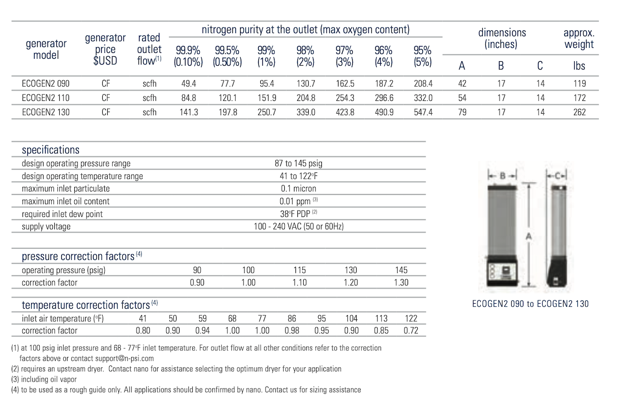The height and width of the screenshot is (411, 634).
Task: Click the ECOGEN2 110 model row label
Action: click(x=45, y=98)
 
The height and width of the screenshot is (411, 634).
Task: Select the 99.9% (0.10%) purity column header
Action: click(x=188, y=56)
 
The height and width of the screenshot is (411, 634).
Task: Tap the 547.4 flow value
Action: click(x=423, y=112)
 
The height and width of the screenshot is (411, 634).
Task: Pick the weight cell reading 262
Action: click(x=579, y=112)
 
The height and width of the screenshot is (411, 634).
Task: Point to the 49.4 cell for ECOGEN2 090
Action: click(x=188, y=84)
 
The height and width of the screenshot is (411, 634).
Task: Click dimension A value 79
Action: click(x=462, y=112)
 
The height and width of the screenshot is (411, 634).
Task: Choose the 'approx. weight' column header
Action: click(x=579, y=39)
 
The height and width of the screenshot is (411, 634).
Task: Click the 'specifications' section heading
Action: click(x=50, y=150)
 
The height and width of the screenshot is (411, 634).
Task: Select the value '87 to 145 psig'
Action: click(x=298, y=164)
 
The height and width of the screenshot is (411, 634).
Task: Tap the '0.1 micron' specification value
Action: click(x=298, y=189)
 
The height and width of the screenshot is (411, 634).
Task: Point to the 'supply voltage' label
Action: click(x=46, y=227)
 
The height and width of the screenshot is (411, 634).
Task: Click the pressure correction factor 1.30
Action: click(x=401, y=283)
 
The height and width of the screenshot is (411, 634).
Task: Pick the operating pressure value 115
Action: click(x=299, y=270)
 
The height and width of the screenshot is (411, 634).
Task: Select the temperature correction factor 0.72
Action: click(x=411, y=331)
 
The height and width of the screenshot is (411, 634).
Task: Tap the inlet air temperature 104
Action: click(x=351, y=318)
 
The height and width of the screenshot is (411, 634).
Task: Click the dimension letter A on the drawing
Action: click(x=528, y=237)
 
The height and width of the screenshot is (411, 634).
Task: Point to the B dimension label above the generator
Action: click(x=502, y=175)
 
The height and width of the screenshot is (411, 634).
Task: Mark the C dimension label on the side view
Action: click(x=557, y=175)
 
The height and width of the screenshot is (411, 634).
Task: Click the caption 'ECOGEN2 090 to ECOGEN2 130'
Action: click(x=530, y=304)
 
